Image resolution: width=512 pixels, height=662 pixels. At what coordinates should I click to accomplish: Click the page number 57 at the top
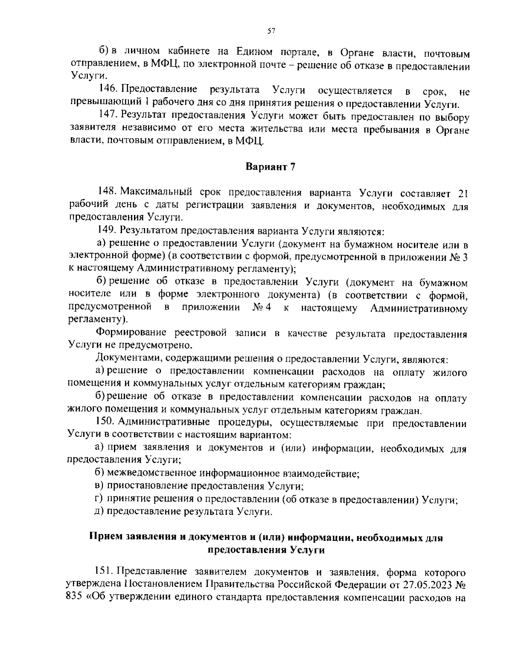(x=271, y=30)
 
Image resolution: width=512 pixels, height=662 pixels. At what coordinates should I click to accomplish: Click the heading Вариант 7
(x=270, y=167)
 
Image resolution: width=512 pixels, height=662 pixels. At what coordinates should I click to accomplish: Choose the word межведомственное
(x=152, y=473)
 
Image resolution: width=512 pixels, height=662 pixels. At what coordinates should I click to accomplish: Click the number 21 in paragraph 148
(x=463, y=193)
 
